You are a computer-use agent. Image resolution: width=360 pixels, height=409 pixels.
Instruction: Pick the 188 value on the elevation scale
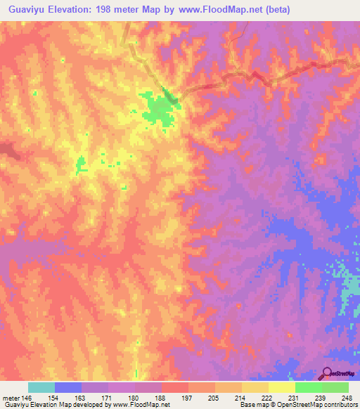[161, 397]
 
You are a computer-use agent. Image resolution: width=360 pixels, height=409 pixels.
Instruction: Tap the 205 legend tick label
[215, 397]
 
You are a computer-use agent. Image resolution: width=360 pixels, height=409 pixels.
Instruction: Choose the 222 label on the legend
[269, 397]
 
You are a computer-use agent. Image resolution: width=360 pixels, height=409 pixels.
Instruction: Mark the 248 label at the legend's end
[348, 397]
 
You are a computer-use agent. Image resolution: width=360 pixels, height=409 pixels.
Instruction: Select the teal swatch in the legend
[41, 387]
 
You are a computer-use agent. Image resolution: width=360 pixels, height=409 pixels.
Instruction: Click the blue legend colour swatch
[68, 387]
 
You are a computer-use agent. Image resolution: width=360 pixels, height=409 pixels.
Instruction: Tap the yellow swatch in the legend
[281, 387]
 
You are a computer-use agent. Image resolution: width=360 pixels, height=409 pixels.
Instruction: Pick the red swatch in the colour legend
[174, 387]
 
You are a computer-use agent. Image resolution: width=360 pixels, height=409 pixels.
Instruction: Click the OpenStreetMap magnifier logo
[328, 374]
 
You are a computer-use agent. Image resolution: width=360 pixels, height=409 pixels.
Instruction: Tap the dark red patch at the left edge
[6, 149]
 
